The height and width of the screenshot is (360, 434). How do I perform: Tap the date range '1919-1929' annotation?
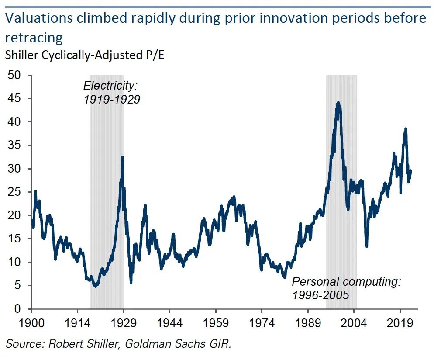point(112,99)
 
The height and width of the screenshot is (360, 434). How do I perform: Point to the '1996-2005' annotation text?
point(321,295)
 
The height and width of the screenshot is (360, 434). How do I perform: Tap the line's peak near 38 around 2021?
point(406,128)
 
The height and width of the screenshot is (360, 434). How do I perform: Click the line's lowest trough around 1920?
point(96,286)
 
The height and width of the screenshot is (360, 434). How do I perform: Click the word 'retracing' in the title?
point(34,38)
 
